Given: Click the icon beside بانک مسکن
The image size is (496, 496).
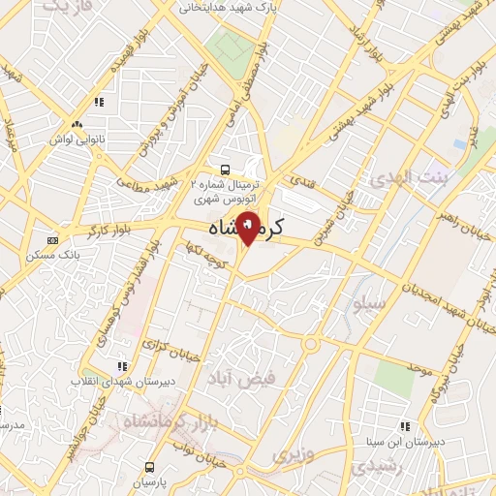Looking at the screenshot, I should pyautogui.click(x=52, y=239).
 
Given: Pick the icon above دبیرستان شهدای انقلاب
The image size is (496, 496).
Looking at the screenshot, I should pyautogui.click(x=121, y=366).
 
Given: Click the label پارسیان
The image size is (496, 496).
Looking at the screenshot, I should pyautogui.click(x=150, y=481).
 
